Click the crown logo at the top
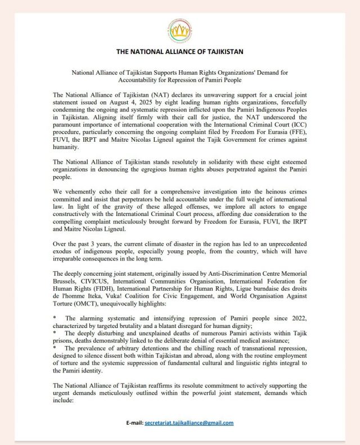coord(179,30)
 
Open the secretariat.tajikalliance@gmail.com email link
coord(189,423)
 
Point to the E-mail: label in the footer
coord(134,423)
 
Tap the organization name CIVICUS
coord(93,279)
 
